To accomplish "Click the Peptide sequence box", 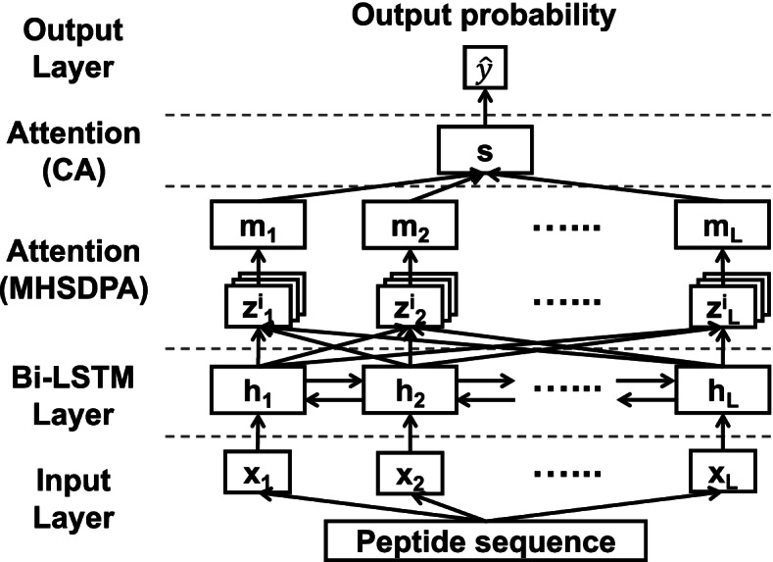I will (487, 539).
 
